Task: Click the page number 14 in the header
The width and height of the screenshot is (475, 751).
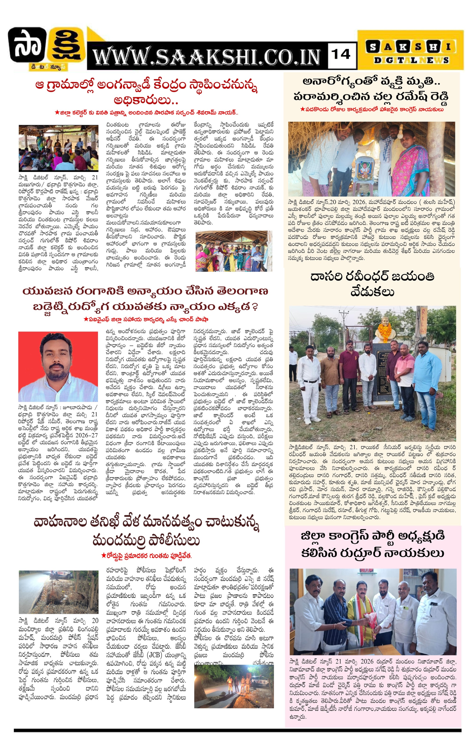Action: [342, 55]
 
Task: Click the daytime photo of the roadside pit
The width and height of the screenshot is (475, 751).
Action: [58, 592]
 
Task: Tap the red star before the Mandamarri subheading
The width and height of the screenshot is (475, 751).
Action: [103, 556]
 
